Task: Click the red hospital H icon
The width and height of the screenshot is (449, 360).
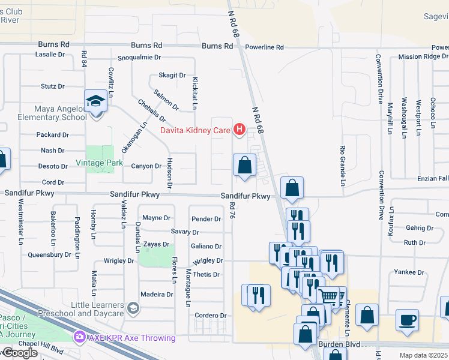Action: click(x=240, y=129)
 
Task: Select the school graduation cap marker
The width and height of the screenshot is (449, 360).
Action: click(x=95, y=101)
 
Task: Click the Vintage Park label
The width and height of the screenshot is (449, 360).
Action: click(x=99, y=163)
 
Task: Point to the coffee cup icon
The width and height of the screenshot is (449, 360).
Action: click(x=408, y=319)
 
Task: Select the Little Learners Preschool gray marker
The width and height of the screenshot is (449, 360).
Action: click(x=133, y=309)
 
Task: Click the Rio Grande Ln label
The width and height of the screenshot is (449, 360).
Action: click(x=343, y=166)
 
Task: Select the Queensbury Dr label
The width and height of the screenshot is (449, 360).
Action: click(x=49, y=254)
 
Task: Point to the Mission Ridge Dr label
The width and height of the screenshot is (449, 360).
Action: click(x=423, y=57)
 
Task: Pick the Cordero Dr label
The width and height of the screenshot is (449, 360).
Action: click(x=209, y=316)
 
